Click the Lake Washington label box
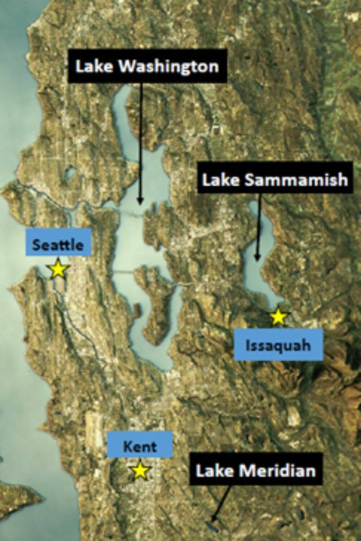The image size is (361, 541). tap(147, 66)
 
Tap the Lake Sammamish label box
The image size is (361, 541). tap(275, 180)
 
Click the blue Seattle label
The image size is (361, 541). tap(58, 245)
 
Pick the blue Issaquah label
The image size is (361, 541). tap(278, 345)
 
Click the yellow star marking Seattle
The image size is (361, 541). tap(58, 269)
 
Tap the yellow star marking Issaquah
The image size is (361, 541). tap(278, 317)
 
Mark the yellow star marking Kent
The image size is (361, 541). tap(140, 470)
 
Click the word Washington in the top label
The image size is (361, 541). tap(169, 66)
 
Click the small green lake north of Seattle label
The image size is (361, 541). tap(70, 173)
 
